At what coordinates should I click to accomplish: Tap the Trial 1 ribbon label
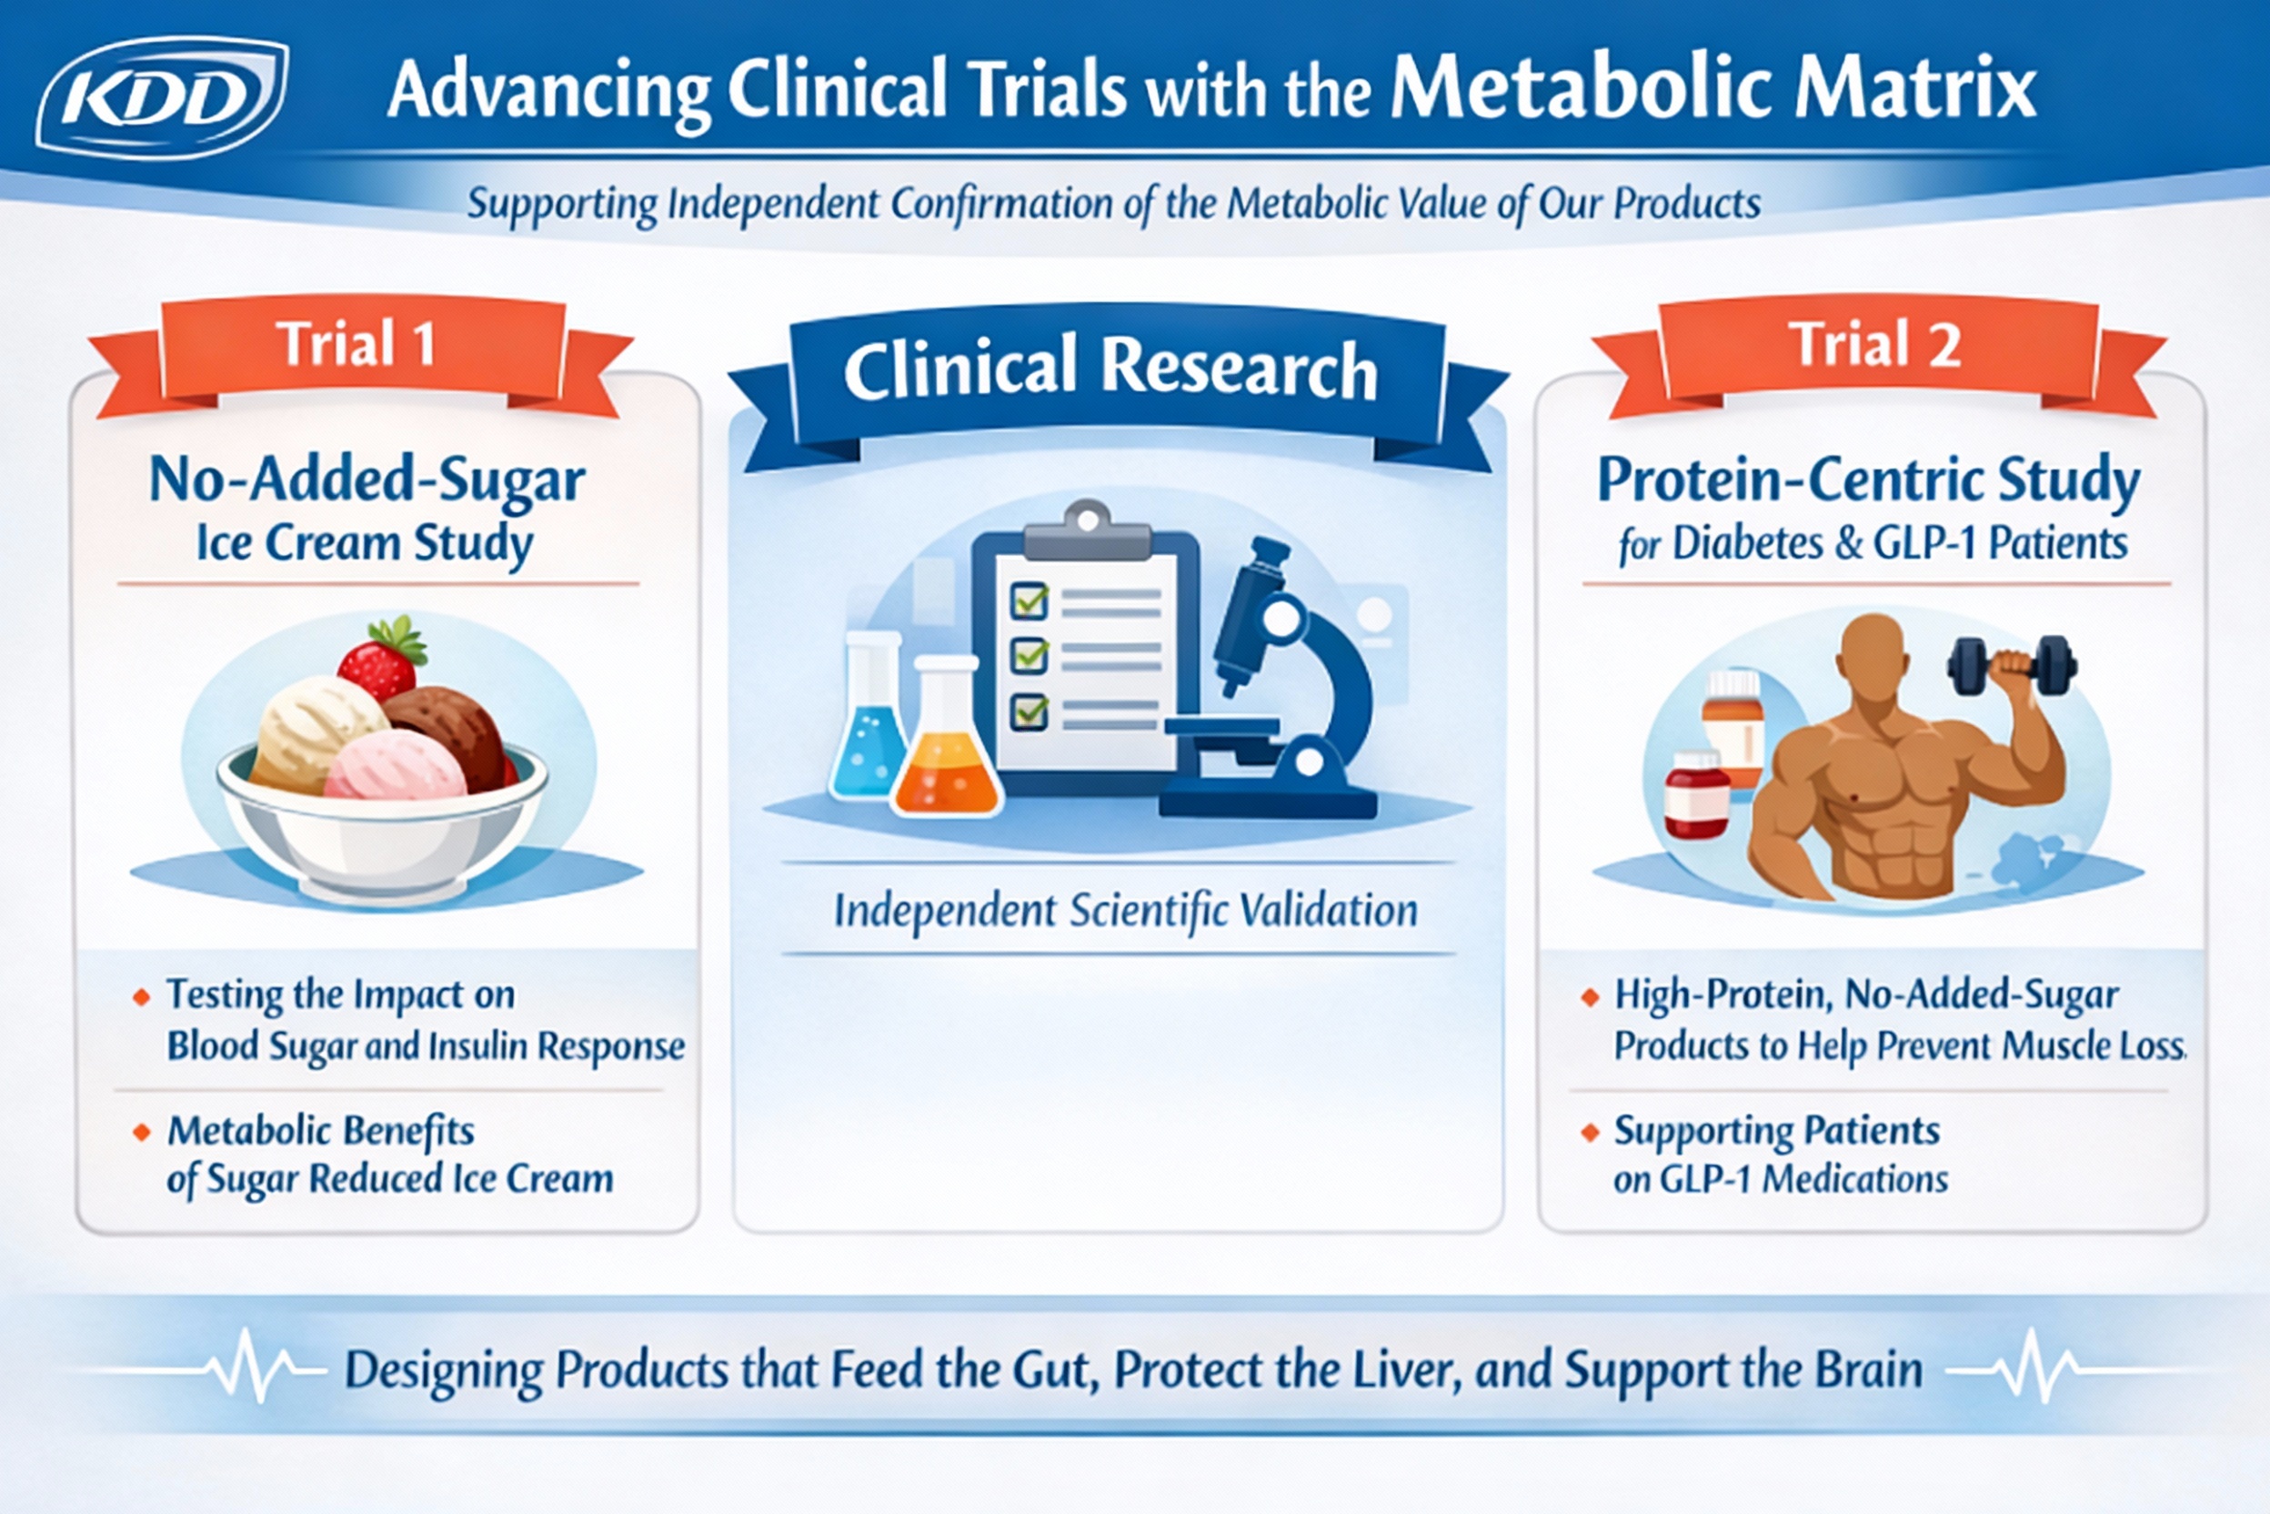tap(357, 345)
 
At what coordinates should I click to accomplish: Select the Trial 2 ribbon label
tap(1874, 345)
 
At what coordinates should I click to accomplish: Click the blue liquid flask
tap(868, 734)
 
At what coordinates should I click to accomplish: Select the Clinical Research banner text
tap(1110, 368)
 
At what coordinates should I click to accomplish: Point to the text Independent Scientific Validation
tap(1125, 911)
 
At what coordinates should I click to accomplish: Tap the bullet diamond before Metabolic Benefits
tap(142, 1132)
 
